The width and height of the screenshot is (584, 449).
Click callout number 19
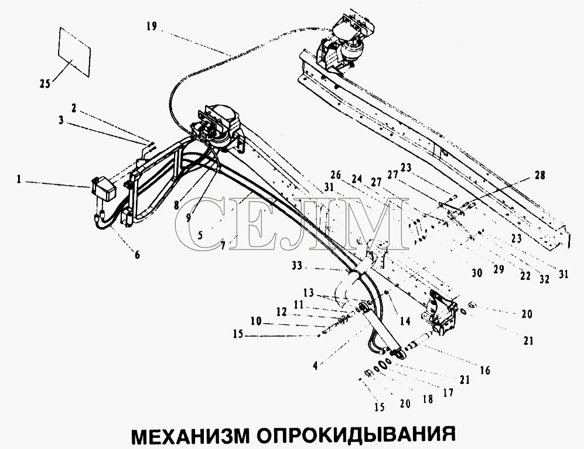[x=152, y=27]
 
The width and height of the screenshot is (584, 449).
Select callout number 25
[x=45, y=84]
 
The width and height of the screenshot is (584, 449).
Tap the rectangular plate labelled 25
[x=74, y=52]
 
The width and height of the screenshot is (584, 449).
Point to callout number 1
[x=18, y=180]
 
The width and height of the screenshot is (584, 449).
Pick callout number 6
[x=138, y=255]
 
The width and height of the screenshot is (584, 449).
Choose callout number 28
[x=539, y=175]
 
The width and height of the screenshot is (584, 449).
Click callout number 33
[x=297, y=266]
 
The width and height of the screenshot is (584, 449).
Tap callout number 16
[x=486, y=370]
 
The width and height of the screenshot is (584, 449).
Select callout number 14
[x=405, y=321]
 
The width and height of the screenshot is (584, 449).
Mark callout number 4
[x=316, y=366]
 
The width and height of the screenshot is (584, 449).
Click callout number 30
[x=477, y=273]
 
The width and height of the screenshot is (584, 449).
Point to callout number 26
[x=336, y=174]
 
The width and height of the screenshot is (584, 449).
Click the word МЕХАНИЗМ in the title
[x=190, y=436]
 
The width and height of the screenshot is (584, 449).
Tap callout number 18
[x=428, y=399]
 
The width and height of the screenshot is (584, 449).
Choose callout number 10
[x=256, y=321]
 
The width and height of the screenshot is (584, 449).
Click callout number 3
[x=61, y=121]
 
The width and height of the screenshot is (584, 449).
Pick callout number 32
[x=544, y=279]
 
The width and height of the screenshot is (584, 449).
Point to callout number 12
[x=282, y=311]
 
